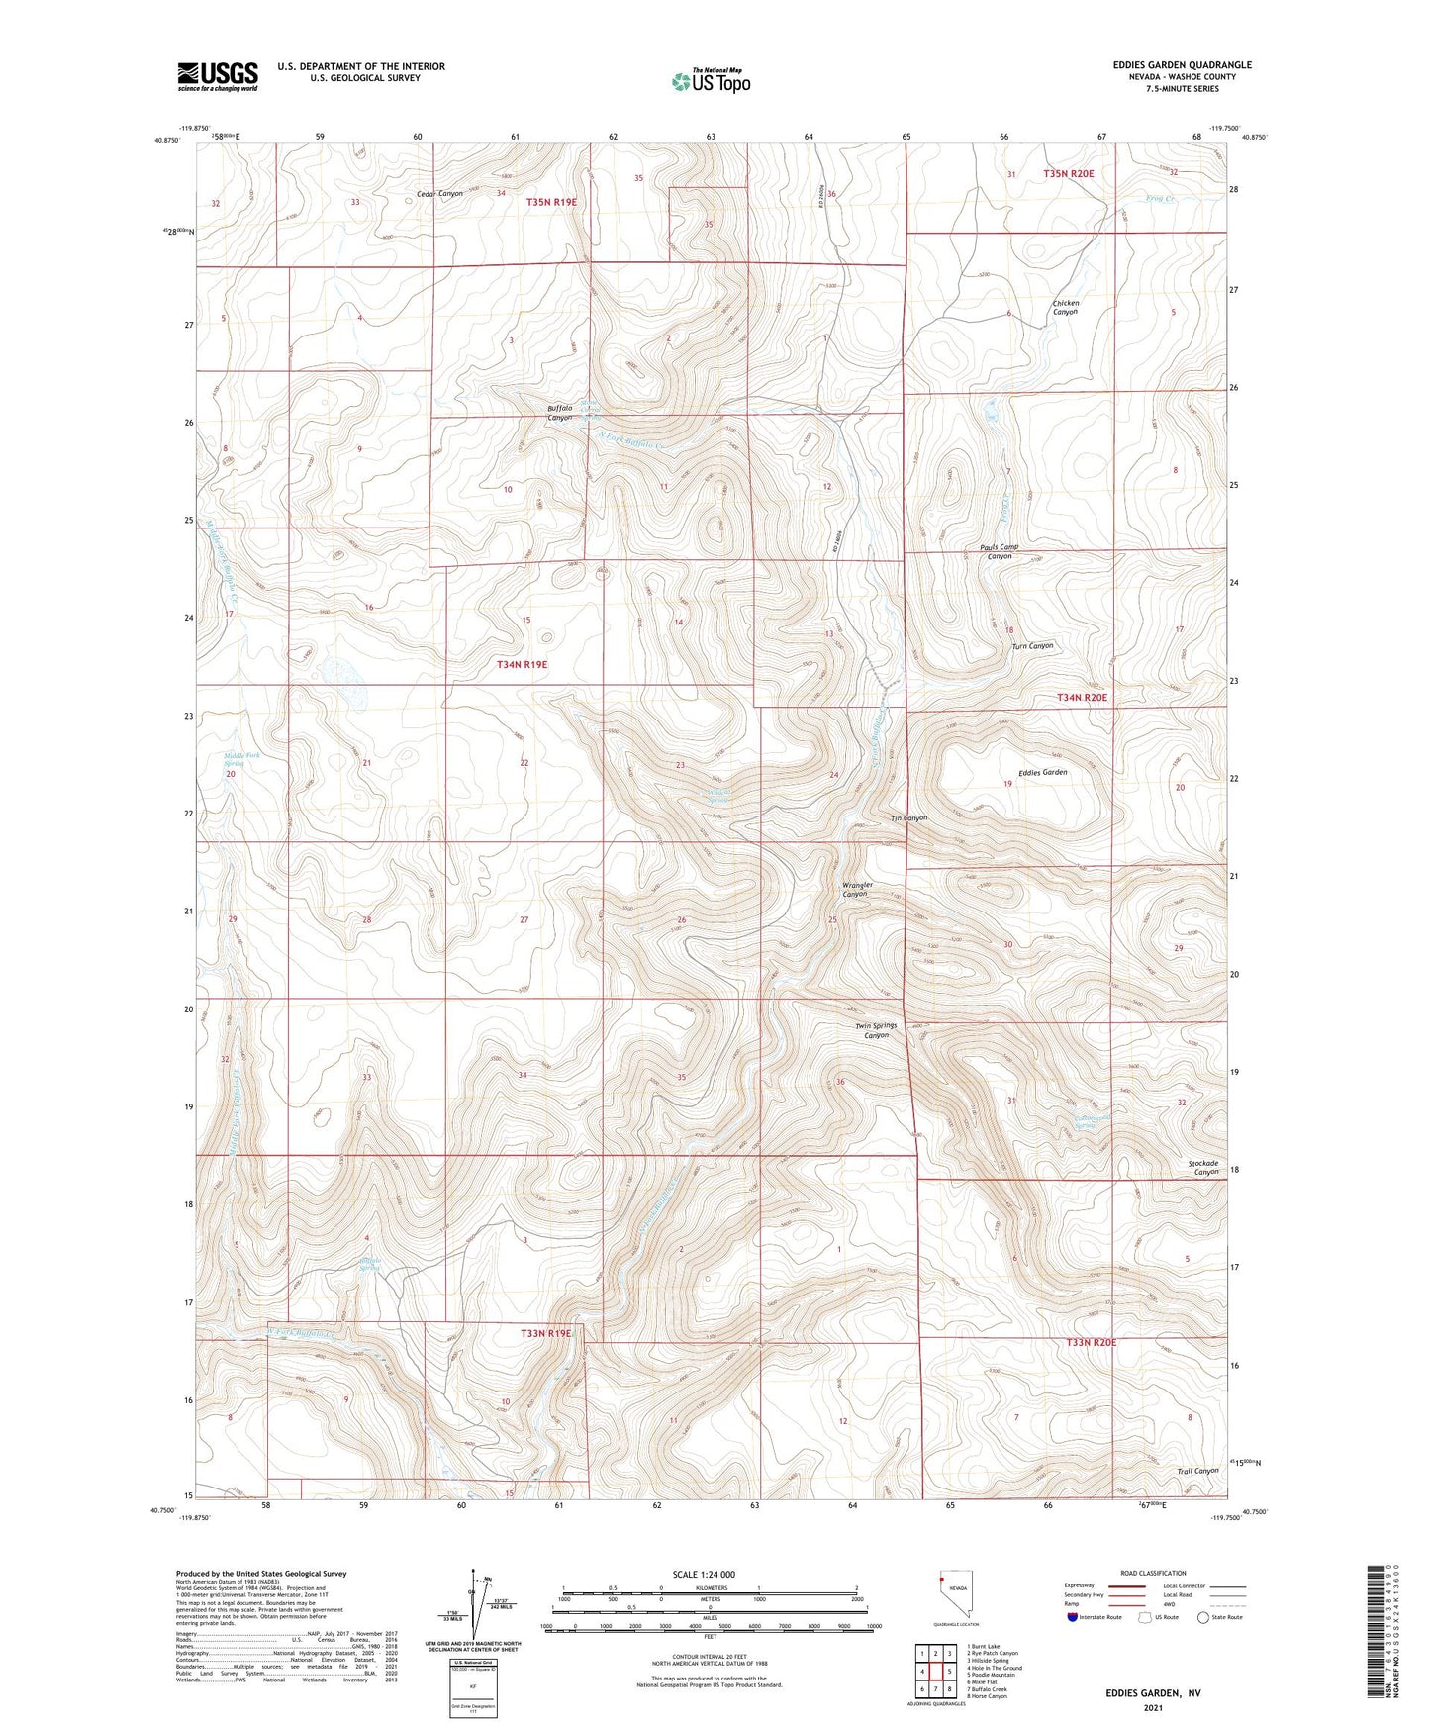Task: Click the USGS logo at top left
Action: point(218,76)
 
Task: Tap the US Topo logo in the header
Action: point(711,81)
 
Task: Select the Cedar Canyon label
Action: point(439,194)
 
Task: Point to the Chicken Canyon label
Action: point(1065,308)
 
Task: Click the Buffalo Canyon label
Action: point(560,413)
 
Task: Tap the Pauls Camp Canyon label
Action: point(999,551)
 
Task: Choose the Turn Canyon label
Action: point(1032,646)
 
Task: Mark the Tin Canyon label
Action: point(908,818)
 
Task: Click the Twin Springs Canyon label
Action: point(876,1030)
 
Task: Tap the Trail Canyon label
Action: point(1197,1471)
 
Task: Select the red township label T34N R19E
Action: point(522,665)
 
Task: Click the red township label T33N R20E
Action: point(1092,1343)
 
